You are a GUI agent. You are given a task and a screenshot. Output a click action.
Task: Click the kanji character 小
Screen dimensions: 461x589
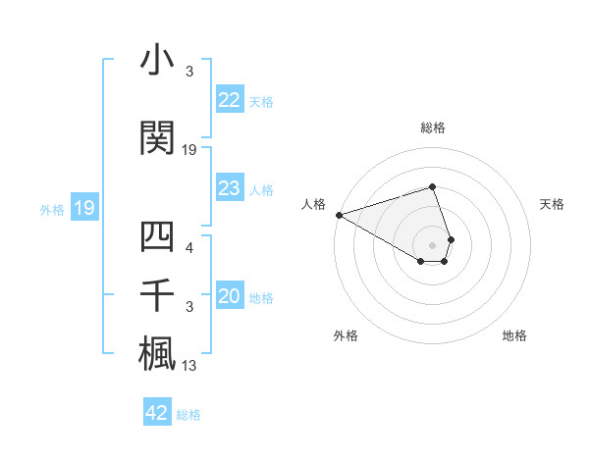tap(157, 61)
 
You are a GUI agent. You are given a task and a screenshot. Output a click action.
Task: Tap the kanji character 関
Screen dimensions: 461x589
tap(157, 138)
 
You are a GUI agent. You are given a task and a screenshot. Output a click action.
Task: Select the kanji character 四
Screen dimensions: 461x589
tap(157, 237)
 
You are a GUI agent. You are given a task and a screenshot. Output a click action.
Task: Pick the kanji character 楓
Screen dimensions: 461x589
tap(157, 353)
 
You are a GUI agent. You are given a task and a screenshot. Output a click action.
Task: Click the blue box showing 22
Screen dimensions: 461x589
tap(230, 100)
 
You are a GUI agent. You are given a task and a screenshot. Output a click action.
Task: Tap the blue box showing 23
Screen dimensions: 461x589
tap(230, 188)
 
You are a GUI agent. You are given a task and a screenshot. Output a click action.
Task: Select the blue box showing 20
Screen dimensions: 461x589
tap(230, 297)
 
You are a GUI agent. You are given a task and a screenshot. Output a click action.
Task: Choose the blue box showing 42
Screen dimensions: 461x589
tap(157, 413)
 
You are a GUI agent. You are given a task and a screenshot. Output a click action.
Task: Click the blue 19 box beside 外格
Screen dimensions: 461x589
tap(83, 208)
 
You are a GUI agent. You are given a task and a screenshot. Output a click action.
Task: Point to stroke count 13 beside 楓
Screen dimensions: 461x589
tap(189, 367)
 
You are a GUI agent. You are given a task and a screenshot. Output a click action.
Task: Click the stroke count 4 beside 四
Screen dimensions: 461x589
tap(188, 247)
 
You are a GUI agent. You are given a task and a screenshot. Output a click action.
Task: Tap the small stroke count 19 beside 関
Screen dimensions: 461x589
tap(189, 149)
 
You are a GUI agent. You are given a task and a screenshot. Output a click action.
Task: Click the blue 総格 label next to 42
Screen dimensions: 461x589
tap(188, 415)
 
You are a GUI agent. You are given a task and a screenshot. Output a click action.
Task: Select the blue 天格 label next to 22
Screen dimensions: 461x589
tap(261, 101)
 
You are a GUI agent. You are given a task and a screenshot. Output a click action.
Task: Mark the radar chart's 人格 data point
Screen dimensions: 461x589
tap(339, 214)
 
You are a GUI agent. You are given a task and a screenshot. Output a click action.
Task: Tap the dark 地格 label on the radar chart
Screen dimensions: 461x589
tap(514, 335)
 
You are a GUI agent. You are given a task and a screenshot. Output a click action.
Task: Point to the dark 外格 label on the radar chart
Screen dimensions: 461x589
tap(346, 335)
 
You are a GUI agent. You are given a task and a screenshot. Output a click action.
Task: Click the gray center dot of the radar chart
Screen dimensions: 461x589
tap(433, 244)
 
